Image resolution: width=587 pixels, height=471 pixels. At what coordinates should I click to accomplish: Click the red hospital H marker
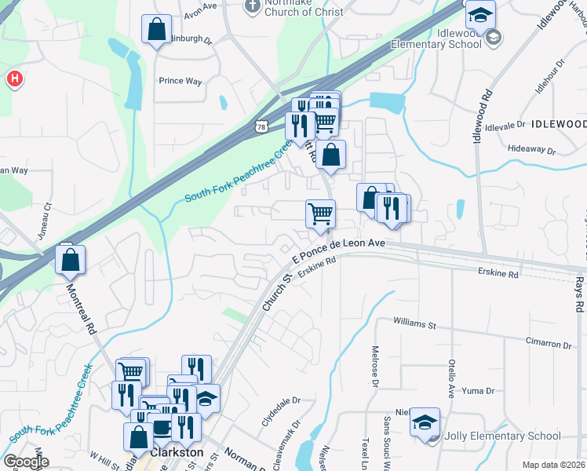point(14,79)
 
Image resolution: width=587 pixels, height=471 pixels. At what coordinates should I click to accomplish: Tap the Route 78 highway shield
point(261,127)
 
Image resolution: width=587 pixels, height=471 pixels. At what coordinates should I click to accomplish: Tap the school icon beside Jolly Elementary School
point(425,422)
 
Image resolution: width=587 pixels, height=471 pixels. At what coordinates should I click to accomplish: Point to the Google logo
point(26,462)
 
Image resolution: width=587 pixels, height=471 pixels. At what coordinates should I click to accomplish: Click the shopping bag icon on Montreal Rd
point(71,261)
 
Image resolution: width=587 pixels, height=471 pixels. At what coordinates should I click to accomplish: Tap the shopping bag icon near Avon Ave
point(157,31)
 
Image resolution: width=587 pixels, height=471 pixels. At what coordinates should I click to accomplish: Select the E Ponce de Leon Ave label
point(338,250)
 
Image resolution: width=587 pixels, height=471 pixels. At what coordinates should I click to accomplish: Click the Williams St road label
point(414,323)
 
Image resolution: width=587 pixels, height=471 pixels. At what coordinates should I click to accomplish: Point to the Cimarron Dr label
point(549,345)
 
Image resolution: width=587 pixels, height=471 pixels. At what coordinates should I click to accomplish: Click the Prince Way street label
point(180,81)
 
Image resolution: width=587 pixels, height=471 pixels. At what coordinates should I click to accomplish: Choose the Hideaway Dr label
point(531,148)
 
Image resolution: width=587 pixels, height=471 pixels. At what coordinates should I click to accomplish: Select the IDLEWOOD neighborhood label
point(556,124)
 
